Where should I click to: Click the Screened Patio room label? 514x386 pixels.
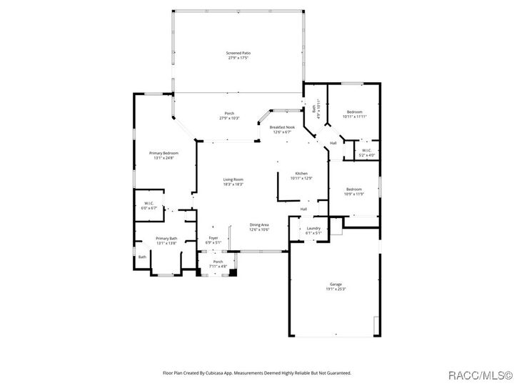pos(238,55)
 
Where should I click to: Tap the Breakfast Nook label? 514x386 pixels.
pos(281,129)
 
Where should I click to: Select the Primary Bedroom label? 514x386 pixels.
pos(163,155)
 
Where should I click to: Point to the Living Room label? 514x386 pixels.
pos(233,182)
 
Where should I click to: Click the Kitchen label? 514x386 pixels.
pos(303,175)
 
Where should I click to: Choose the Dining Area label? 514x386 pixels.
pos(258,227)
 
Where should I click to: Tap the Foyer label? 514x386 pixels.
pos(213,239)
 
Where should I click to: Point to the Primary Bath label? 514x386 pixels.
pos(166,240)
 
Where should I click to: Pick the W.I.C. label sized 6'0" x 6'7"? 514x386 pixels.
pos(150,206)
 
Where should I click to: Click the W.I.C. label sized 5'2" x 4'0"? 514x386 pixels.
pos(366,152)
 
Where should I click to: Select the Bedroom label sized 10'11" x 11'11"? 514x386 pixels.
pos(355,114)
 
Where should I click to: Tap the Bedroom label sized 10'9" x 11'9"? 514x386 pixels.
pos(355,191)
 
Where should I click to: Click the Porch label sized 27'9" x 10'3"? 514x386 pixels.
pos(229,115)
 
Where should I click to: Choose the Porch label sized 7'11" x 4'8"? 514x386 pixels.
pos(218,264)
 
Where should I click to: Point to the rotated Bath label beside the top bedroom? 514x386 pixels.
pos(315,111)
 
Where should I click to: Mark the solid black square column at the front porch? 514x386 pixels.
pos(232,272)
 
